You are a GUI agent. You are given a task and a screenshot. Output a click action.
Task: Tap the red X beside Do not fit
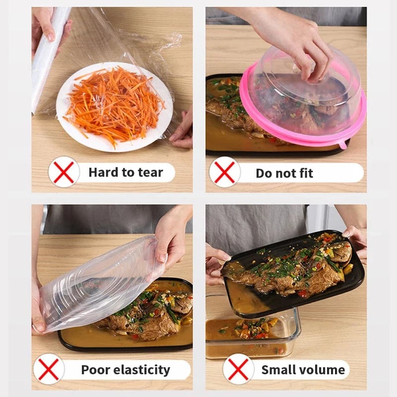225,172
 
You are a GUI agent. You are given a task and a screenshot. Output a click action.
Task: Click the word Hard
102,173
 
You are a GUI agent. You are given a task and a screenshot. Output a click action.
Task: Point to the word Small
278,370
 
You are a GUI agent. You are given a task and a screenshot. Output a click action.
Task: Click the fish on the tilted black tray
293,270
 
